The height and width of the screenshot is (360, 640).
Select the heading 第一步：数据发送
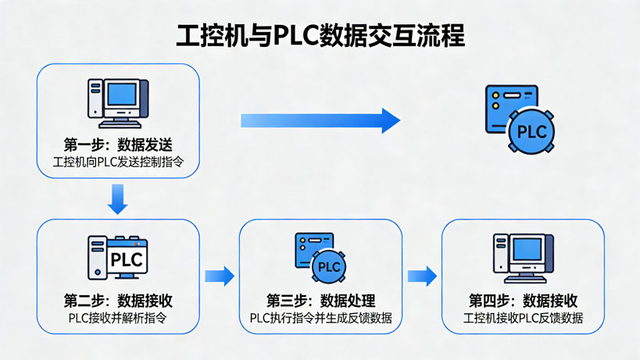point(118,145)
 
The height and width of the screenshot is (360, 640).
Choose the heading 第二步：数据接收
point(118,301)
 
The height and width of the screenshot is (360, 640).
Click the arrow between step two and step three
point(220,276)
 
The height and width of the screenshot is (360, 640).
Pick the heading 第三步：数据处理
point(320,301)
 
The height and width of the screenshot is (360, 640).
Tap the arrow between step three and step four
point(422,276)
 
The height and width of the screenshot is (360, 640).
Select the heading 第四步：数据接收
point(523,301)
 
